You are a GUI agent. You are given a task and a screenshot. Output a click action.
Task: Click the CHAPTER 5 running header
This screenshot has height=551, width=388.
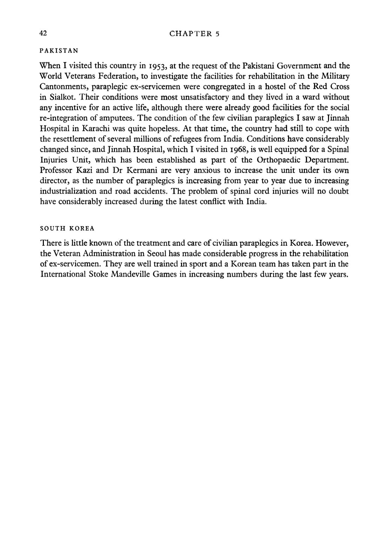click(194, 34)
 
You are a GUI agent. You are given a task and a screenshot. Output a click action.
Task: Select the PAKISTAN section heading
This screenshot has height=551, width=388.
click(59, 50)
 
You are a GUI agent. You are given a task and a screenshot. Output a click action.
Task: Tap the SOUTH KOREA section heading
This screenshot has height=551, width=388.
click(67, 229)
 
